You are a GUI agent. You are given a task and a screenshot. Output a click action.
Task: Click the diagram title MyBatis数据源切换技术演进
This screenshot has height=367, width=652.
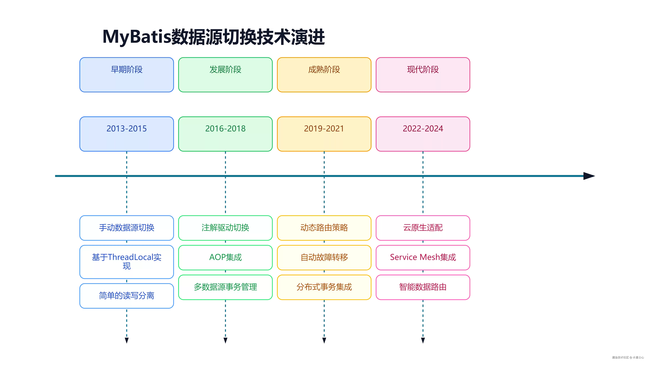(214, 37)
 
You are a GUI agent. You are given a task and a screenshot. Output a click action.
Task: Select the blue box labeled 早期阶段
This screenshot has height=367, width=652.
(127, 75)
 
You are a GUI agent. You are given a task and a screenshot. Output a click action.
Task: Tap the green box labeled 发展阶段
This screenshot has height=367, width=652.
(225, 75)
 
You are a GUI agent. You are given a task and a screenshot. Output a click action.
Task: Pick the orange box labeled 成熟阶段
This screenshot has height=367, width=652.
(324, 75)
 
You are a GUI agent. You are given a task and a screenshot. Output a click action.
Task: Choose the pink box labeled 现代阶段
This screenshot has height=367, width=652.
(423, 75)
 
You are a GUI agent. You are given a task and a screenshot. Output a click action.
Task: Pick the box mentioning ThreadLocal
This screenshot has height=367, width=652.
(127, 262)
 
